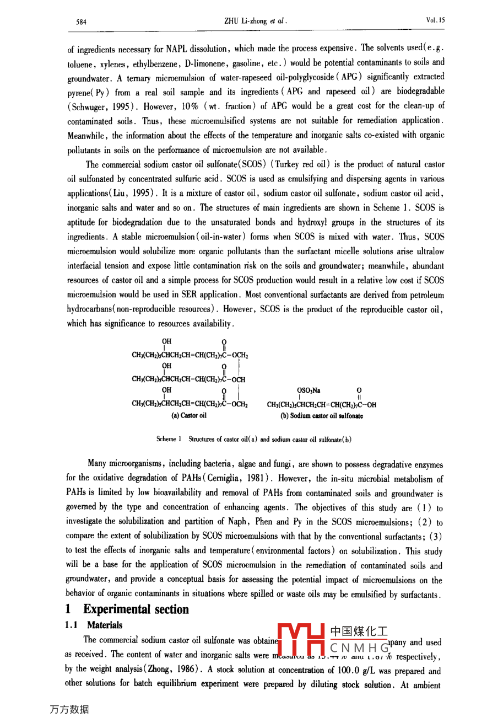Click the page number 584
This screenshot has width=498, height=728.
pyautogui.click(x=81, y=22)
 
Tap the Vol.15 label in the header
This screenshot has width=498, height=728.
pyautogui.click(x=435, y=20)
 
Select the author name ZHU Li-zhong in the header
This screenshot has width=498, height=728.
pyautogui.click(x=246, y=22)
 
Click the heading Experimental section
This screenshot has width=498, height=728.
pyautogui.click(x=136, y=609)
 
